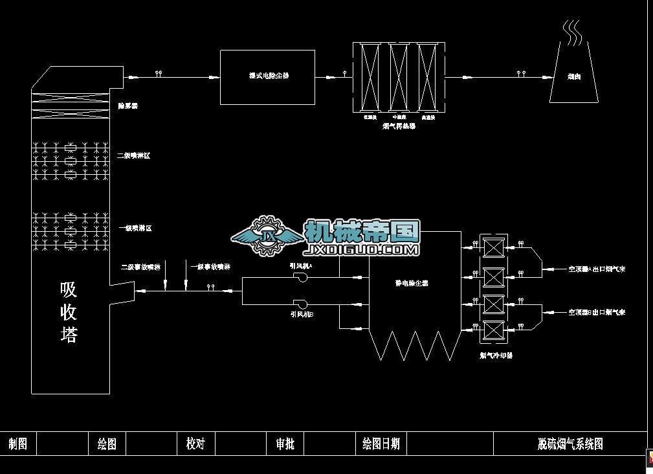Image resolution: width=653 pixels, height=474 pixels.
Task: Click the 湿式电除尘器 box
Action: (267, 76)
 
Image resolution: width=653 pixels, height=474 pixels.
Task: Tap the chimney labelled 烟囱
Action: (573, 76)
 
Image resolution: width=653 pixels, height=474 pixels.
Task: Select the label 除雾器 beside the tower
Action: (127, 106)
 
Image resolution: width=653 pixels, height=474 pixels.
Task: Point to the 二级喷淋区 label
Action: (133, 156)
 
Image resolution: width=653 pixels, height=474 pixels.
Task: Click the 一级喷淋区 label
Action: (135, 229)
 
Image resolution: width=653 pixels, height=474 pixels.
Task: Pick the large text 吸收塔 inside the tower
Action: (69, 312)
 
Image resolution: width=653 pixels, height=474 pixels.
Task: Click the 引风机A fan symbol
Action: (300, 276)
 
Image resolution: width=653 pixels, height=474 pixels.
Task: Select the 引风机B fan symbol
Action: (300, 303)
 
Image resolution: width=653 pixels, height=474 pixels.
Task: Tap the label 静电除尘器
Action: (412, 283)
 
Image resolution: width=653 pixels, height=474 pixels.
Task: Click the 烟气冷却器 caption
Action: (496, 356)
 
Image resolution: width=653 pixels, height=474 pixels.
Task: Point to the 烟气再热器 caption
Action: (399, 126)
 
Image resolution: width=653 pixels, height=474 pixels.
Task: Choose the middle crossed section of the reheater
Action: (399, 77)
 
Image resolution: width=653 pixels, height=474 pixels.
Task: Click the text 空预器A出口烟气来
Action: (597, 269)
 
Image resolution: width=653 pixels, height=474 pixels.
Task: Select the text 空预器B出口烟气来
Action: (597, 312)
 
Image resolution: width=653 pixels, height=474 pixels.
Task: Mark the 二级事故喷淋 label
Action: (140, 267)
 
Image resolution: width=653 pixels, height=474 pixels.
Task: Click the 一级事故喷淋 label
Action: (210, 267)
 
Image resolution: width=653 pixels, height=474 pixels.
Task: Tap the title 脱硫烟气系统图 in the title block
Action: (570, 444)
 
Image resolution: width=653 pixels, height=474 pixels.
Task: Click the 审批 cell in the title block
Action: (285, 444)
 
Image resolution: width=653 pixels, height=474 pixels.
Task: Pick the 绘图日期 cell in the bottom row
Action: (381, 444)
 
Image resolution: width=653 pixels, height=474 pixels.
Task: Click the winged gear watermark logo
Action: (267, 236)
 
